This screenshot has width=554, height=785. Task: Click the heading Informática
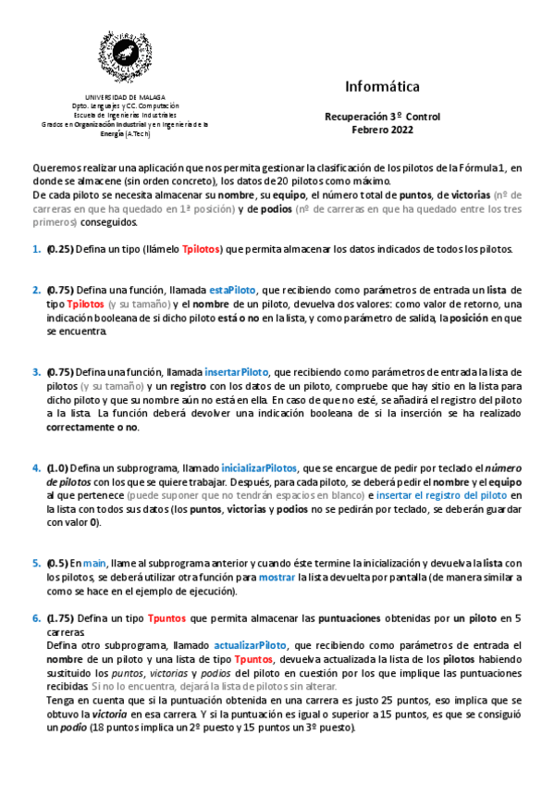tap(382, 86)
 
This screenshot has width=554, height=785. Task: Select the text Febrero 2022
tap(382, 130)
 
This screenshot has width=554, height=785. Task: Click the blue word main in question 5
tap(94, 563)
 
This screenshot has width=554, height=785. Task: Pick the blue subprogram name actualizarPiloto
tap(251, 645)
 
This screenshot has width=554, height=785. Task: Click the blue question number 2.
tap(36, 291)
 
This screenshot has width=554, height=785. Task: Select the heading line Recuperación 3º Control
tap(382, 118)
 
